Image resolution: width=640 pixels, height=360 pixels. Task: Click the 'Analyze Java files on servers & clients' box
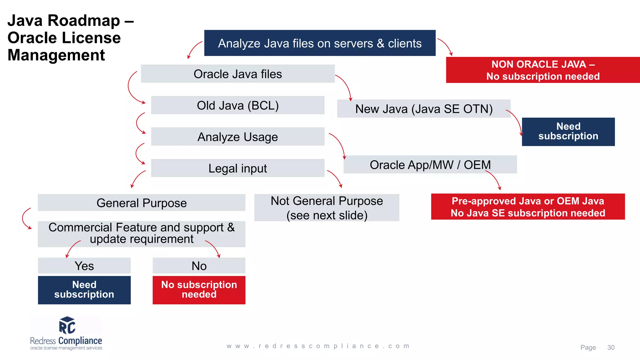(320, 43)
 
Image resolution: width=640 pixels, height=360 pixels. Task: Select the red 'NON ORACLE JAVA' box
(543, 70)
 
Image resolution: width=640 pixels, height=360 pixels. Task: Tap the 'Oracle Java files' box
(237, 74)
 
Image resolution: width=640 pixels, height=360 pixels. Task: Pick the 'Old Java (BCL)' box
(237, 105)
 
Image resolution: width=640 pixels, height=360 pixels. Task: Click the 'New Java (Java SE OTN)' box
(423, 109)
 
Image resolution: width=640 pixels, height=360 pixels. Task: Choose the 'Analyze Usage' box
(237, 137)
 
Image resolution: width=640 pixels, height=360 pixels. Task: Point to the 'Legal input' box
(237, 168)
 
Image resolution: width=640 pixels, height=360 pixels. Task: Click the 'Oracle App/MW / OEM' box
(430, 165)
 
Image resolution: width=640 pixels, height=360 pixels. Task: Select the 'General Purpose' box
(141, 203)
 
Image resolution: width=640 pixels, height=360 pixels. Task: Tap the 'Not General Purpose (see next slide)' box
(327, 208)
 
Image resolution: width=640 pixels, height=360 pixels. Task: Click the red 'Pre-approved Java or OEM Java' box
(527, 207)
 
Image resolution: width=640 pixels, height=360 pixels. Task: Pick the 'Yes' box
(84, 266)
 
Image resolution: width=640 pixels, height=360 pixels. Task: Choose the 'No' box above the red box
(199, 266)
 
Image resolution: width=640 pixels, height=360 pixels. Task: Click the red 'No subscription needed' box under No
(199, 290)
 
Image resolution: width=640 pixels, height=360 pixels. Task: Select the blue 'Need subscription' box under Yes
(84, 290)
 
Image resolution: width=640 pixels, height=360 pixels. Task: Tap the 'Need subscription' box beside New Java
(568, 132)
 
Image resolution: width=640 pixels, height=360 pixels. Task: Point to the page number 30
(611, 347)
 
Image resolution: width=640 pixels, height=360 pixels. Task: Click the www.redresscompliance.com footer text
(318, 346)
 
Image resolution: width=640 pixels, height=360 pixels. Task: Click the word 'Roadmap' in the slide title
(84, 21)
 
